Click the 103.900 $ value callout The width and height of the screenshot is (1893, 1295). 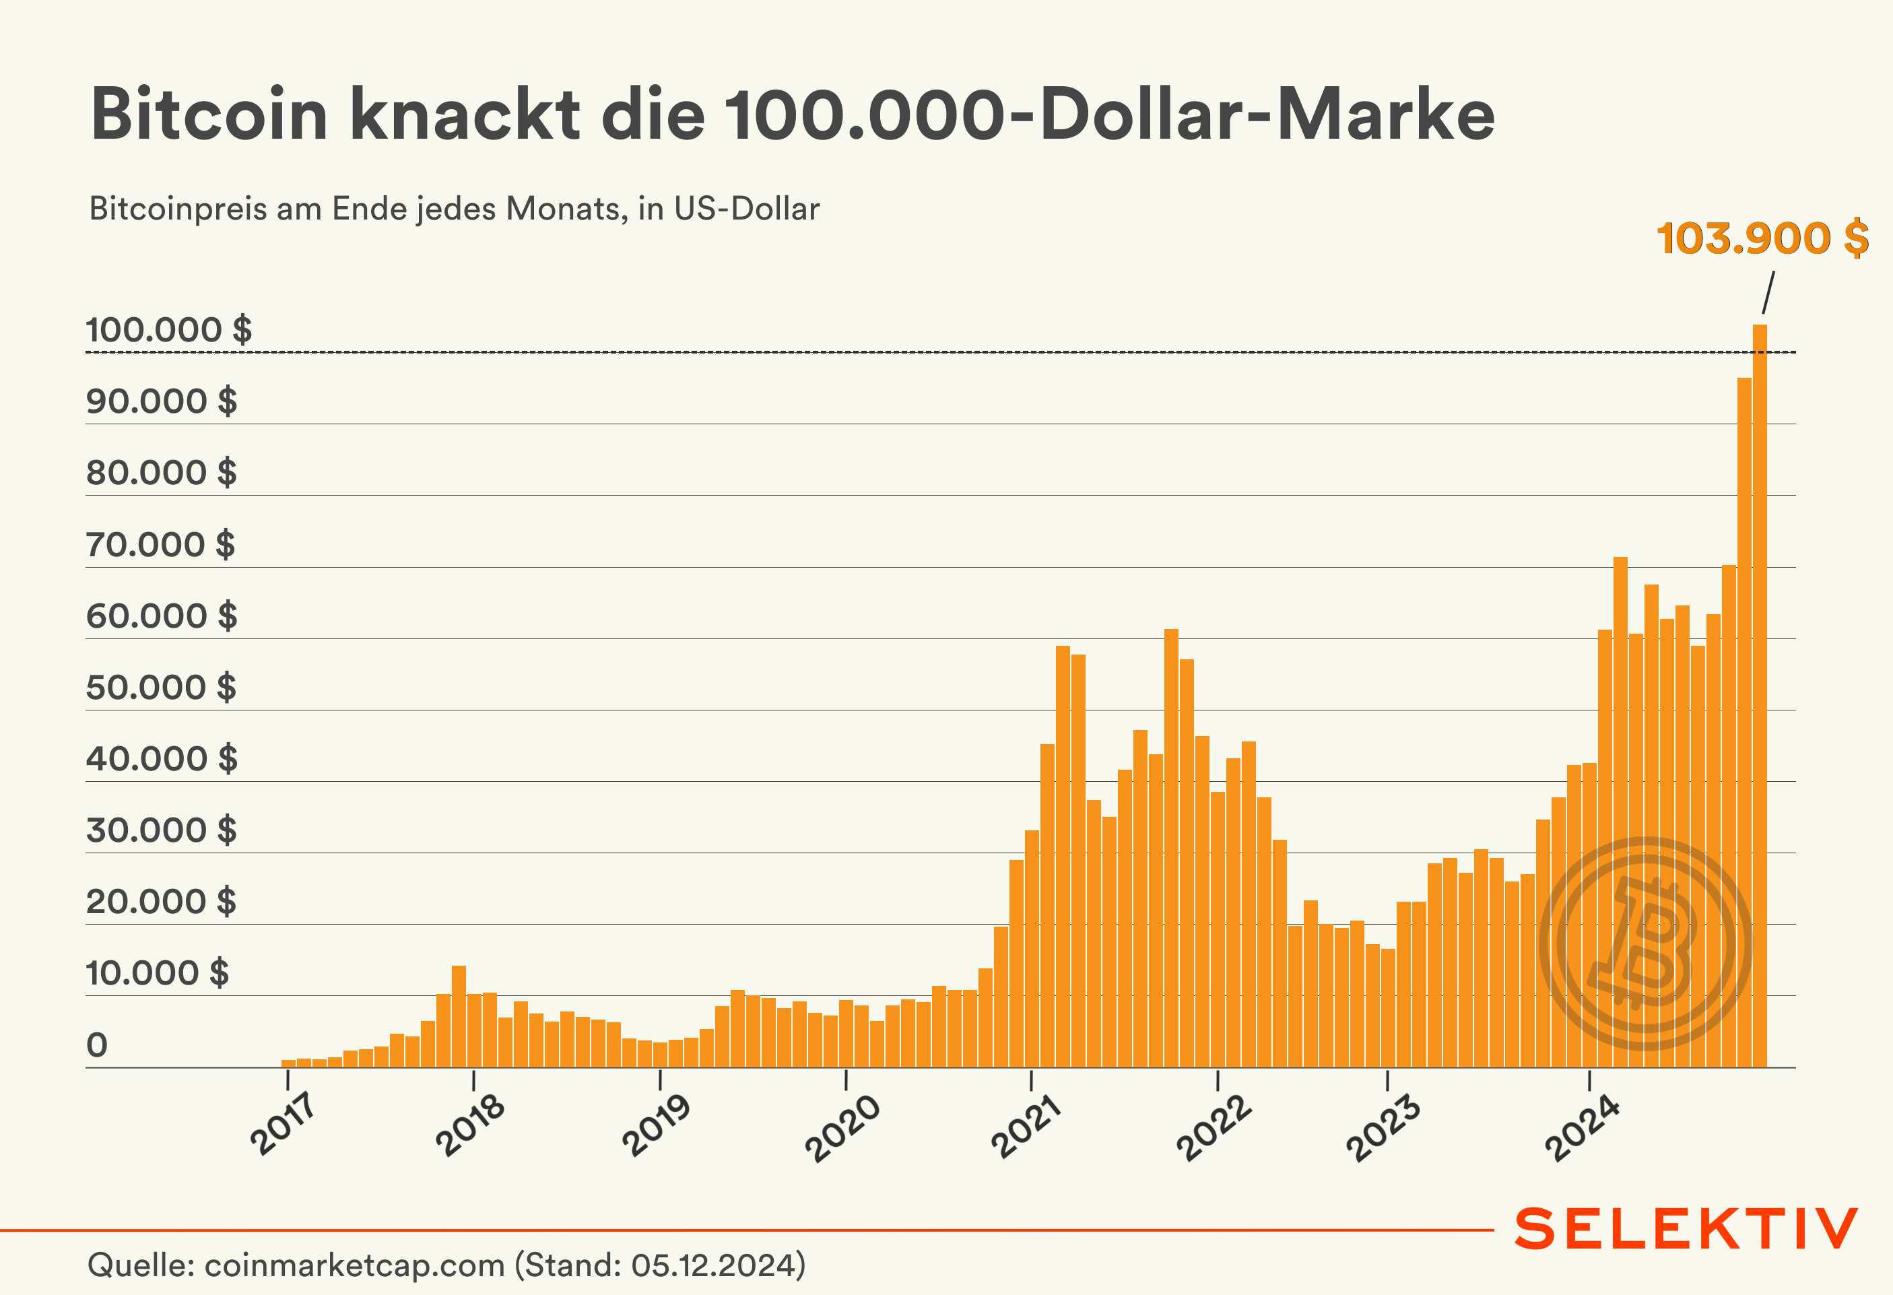tap(1762, 238)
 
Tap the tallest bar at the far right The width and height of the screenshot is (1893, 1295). tap(1760, 692)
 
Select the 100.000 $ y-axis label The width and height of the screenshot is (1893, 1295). tap(168, 330)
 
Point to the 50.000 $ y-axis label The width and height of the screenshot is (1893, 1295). tap(161, 688)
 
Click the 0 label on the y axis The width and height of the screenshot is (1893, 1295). tap(97, 1045)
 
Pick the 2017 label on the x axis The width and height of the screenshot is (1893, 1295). tap(283, 1125)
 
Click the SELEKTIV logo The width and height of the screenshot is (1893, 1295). tap(1686, 1229)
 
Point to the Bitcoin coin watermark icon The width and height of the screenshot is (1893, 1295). tap(1645, 943)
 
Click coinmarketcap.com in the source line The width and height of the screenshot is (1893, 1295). tap(354, 1265)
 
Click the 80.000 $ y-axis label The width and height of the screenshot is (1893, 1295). tap(161, 472)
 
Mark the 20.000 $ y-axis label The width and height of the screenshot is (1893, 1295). tap(161, 902)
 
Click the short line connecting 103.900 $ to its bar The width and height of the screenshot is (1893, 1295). tap(1768, 292)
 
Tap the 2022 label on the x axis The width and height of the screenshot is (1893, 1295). tap(1213, 1127)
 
